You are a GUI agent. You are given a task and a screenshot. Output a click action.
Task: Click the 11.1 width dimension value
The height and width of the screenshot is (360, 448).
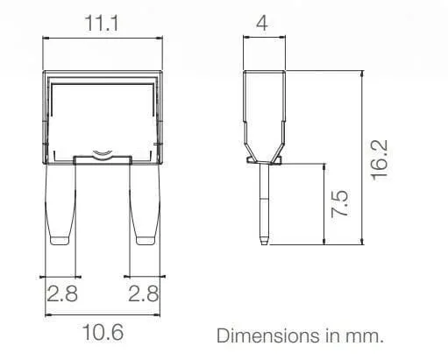click(x=102, y=24)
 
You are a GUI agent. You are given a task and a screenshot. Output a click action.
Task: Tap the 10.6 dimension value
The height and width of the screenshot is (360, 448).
click(x=103, y=332)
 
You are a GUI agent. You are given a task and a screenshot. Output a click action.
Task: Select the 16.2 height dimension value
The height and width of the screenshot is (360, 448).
click(x=380, y=160)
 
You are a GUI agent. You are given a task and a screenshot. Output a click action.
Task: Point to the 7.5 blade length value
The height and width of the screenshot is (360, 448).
click(x=340, y=203)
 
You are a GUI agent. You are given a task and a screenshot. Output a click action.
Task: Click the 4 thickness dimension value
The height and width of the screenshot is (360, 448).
click(x=262, y=23)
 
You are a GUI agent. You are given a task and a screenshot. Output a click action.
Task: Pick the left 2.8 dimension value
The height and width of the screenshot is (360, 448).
click(x=62, y=293)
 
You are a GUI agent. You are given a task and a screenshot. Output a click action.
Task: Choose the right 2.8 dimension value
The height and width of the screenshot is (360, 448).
click(x=144, y=293)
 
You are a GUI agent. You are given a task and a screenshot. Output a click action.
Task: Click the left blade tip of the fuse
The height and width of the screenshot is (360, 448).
click(x=60, y=240)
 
